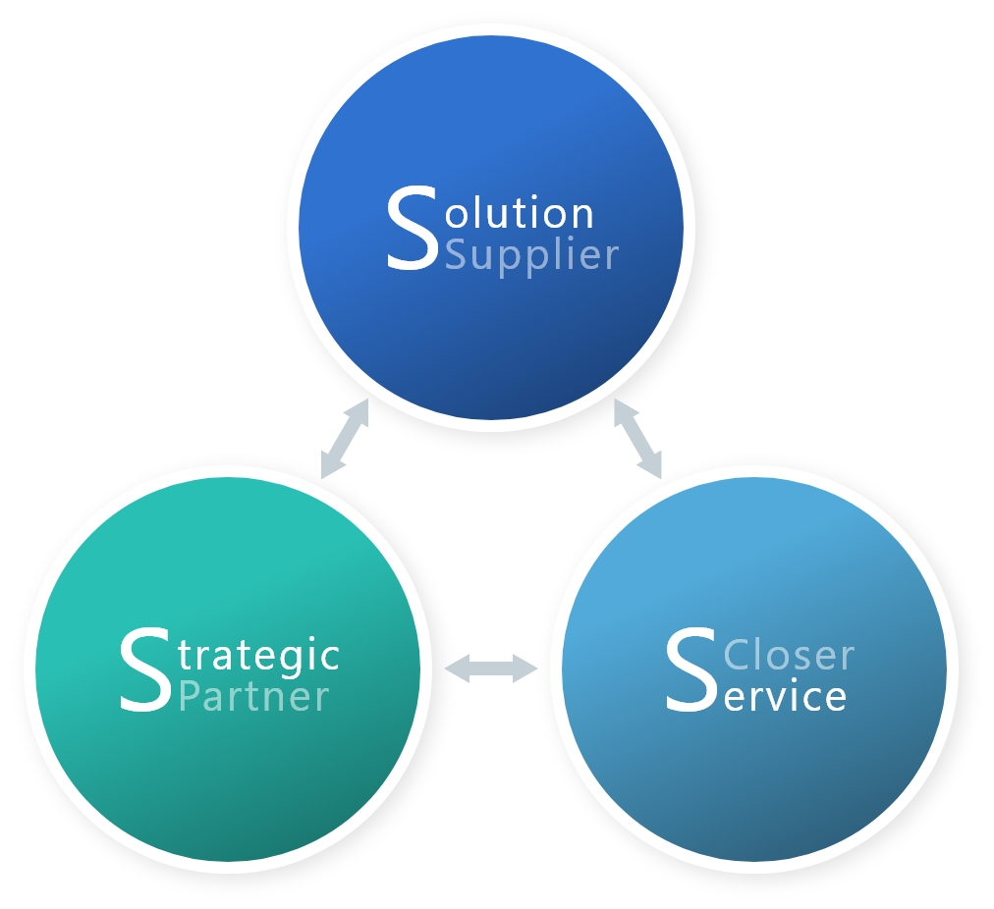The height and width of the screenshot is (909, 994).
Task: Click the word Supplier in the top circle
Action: click(x=531, y=255)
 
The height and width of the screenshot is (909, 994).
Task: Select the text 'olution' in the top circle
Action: click(x=520, y=213)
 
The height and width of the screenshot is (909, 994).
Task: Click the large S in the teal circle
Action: click(x=145, y=670)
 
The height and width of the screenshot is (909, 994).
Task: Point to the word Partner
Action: click(x=254, y=696)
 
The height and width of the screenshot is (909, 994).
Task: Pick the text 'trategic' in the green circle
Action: click(x=260, y=654)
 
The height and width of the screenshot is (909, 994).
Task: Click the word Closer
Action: click(x=789, y=654)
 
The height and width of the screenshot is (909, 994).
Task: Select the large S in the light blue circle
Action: click(x=690, y=670)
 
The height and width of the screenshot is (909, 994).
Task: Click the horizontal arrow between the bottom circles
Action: click(x=491, y=669)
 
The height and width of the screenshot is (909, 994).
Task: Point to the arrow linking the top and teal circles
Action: click(x=345, y=439)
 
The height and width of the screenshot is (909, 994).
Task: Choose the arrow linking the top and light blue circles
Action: click(x=638, y=439)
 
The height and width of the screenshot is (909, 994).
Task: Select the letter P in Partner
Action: click(x=191, y=696)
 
